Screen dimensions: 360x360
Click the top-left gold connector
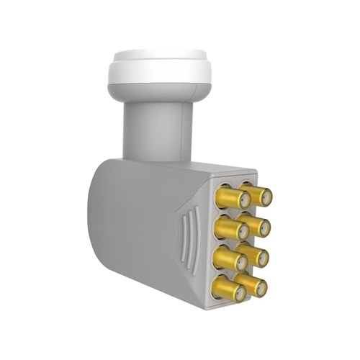228,198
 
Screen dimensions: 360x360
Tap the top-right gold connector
257,195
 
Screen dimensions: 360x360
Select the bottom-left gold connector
226,289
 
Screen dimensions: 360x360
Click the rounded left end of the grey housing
101,216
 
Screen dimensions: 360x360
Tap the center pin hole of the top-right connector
267,197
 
